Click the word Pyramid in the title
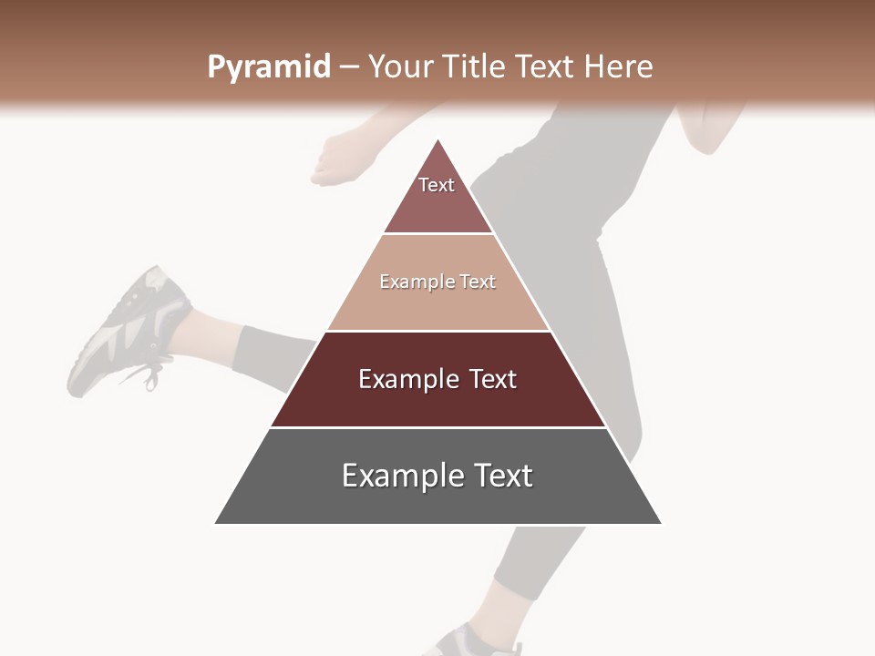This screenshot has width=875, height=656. (268, 67)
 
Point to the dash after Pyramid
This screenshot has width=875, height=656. (348, 68)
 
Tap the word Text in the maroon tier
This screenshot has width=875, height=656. (492, 379)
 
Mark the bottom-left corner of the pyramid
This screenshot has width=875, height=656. (216, 523)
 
